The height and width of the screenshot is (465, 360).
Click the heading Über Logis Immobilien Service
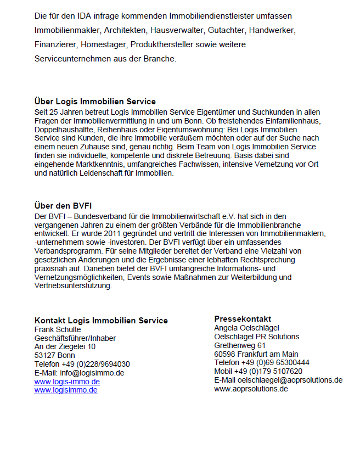point(95,102)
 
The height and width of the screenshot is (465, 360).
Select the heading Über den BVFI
point(63,206)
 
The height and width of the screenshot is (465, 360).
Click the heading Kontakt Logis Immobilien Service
point(101,321)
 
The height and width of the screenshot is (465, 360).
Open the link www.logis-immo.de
point(67,382)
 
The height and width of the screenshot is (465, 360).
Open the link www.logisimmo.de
point(66,390)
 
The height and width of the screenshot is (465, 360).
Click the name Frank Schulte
point(58,329)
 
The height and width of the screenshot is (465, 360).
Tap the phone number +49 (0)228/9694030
point(96,364)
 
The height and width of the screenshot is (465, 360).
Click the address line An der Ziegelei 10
point(65,346)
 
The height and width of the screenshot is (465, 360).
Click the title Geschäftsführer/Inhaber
point(75,338)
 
